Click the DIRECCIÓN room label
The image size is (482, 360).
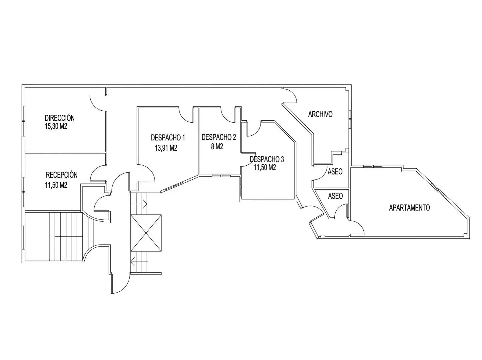60,118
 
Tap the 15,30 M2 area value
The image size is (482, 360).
56,126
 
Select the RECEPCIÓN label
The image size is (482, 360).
62,175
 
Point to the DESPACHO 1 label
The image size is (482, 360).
168,137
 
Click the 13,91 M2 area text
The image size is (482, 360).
166,148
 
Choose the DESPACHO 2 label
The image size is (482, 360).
219,137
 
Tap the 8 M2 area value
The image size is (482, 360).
217,147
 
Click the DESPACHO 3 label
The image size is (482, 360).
267,159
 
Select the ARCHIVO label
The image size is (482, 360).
320,114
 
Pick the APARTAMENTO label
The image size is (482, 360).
409,208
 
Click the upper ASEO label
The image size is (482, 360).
335,172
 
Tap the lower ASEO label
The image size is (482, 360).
335,196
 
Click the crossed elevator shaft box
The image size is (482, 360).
146,233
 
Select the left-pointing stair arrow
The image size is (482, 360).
139,262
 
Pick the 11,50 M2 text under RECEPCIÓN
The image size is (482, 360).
56,185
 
